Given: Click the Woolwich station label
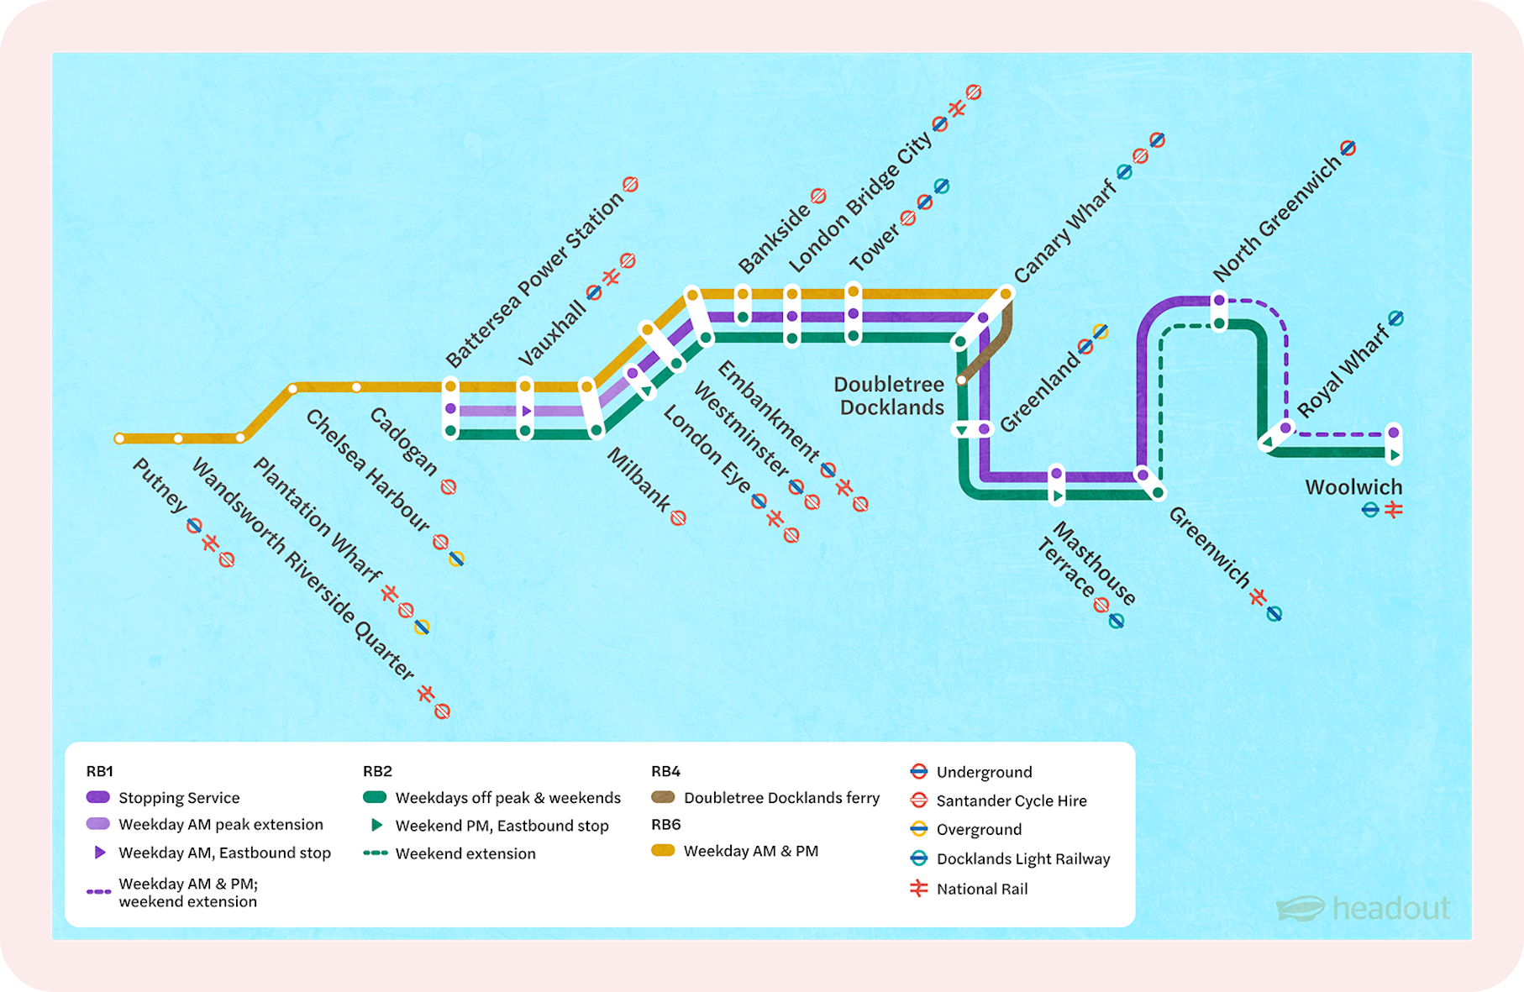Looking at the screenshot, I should (x=1353, y=487).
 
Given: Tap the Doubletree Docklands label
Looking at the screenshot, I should (x=890, y=396).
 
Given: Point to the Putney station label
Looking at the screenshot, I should (x=160, y=486).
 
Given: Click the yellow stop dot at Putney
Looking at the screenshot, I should (x=120, y=438).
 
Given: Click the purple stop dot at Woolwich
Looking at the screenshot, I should (x=1393, y=433).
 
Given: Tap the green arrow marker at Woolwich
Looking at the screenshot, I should (x=1394, y=455).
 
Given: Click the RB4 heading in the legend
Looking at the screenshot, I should (x=665, y=771).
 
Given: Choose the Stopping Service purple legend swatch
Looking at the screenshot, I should (x=98, y=797).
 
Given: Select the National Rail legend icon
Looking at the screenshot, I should (x=919, y=889).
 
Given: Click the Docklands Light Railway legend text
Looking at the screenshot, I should (x=1022, y=858).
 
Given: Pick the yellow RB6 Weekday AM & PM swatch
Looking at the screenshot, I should (x=663, y=851).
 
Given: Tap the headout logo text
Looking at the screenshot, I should (x=1390, y=908).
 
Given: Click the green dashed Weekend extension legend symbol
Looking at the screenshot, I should (x=375, y=853).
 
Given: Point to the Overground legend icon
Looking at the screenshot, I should (x=919, y=829).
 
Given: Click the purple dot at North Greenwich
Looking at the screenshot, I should (x=1219, y=300).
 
